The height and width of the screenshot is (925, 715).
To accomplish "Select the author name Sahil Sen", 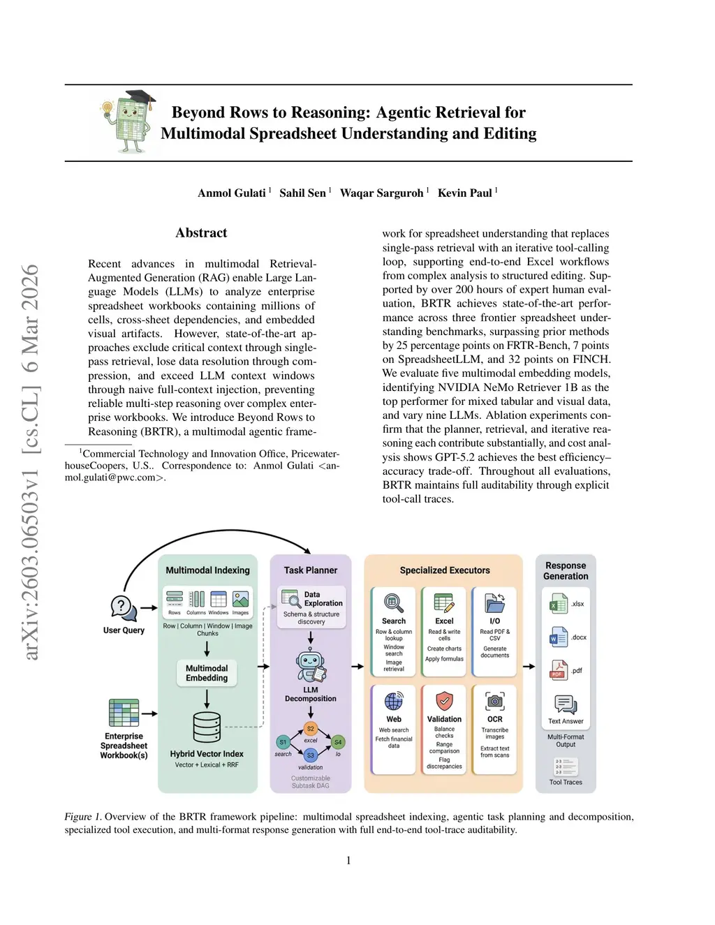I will point(302,193).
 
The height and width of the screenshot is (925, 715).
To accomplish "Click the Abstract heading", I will point(201,233).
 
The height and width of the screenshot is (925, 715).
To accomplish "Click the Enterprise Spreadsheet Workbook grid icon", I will point(124,713).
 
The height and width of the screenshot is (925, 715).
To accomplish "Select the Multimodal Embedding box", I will point(207,673).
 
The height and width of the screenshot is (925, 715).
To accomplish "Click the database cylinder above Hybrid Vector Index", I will point(207,727).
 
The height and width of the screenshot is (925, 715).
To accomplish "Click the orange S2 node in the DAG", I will point(311,729).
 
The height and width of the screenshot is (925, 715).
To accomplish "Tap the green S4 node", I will point(338,742).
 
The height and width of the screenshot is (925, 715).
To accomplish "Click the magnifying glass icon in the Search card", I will point(394,602).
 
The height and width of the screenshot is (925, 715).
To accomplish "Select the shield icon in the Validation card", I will point(444,700).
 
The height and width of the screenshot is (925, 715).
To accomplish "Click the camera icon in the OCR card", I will point(495,700).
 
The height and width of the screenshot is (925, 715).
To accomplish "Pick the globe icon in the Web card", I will point(394,700).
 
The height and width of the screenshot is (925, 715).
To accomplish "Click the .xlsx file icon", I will point(559,604).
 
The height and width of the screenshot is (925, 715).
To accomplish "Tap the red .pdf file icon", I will point(559,670).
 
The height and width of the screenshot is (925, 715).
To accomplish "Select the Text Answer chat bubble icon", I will point(565,704).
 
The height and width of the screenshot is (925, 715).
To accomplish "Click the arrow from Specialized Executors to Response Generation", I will point(529,667).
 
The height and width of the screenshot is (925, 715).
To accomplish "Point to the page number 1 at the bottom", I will point(348,861).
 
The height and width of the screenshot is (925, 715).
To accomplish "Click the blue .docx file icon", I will point(559,637).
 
